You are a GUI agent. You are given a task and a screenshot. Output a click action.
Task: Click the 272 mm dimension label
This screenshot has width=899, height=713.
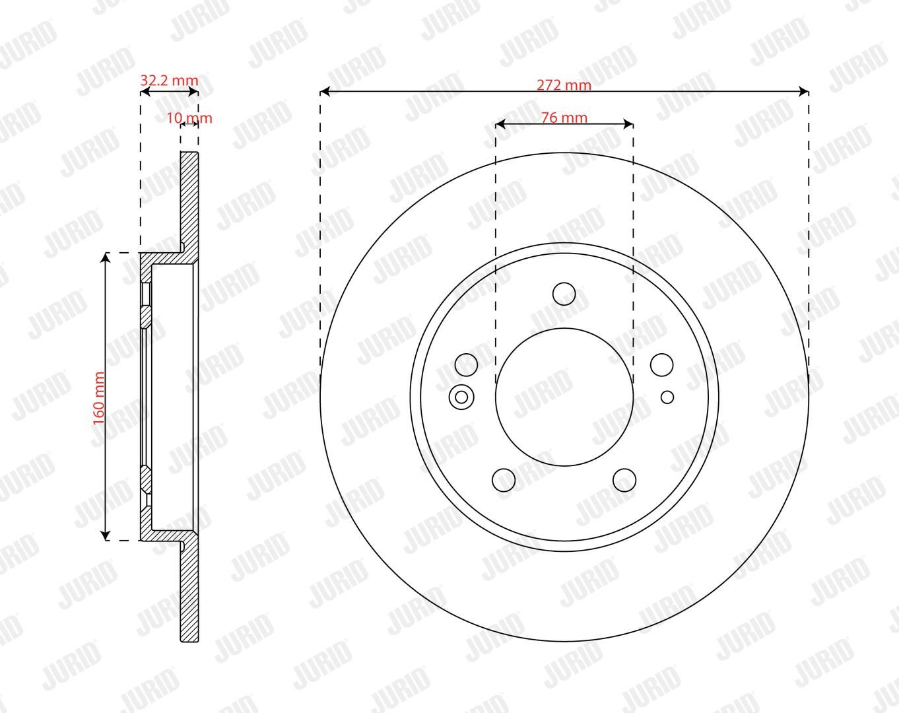pyautogui.click(x=564, y=85)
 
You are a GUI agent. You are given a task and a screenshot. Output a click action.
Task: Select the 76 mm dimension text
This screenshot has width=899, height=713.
pyautogui.click(x=564, y=118)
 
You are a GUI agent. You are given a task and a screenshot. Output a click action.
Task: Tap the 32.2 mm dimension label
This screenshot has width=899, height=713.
pyautogui.click(x=169, y=81)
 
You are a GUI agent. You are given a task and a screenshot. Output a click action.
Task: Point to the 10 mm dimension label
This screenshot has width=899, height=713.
pyautogui.click(x=189, y=118)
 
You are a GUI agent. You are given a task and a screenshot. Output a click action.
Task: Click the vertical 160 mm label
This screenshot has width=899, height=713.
pyautogui.click(x=99, y=398)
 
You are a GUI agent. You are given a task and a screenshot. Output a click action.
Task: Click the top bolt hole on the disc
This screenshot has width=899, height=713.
pyautogui.click(x=564, y=294)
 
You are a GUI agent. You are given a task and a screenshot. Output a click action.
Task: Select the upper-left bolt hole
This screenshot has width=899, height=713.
pyautogui.click(x=466, y=365)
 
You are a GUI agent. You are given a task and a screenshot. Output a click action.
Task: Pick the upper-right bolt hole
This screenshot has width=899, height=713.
pyautogui.click(x=662, y=365)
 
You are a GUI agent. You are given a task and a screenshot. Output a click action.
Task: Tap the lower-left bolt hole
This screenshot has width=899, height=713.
pyautogui.click(x=504, y=480)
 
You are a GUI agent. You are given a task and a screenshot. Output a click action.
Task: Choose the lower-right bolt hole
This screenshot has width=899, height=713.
pyautogui.click(x=624, y=480)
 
